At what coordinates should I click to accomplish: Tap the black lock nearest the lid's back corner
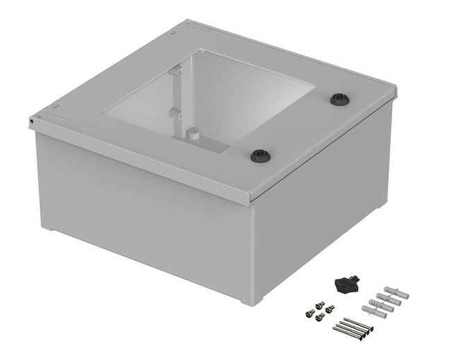click(x=339, y=98)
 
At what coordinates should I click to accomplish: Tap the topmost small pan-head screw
click(x=320, y=304)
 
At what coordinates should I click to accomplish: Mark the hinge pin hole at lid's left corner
click(x=33, y=121)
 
